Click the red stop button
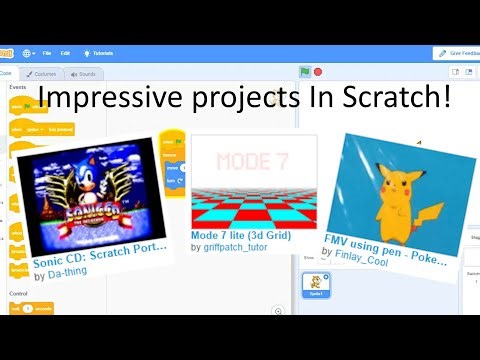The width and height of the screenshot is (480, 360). tap(318, 72)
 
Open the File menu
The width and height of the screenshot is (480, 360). tap(47, 52)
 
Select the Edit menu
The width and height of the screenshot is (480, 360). tap(65, 52)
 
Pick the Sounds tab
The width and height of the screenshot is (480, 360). tap(85, 74)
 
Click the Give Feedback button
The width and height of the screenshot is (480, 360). tap(457, 52)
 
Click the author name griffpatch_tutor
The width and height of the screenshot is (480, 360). tap(240, 246)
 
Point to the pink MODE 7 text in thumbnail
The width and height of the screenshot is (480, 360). tap(253, 161)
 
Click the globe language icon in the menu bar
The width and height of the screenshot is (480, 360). tap(26, 52)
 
